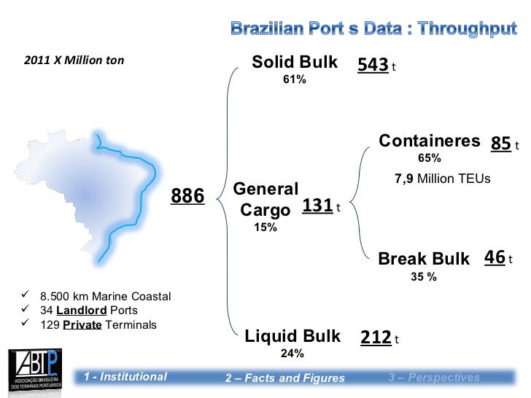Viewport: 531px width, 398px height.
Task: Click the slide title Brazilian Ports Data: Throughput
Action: coord(373,29)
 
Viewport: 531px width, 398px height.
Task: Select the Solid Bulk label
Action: coord(295,63)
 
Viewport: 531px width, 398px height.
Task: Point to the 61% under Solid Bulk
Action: coord(295,79)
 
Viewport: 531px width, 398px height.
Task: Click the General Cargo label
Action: coord(265,199)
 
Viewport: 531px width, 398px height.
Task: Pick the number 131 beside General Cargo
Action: coord(317,206)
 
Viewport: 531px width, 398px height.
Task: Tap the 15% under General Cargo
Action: coord(265,227)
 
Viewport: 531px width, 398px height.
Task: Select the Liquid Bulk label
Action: coord(292,336)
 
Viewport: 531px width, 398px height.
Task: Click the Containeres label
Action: coord(430,141)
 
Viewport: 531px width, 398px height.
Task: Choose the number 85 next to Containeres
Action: coord(500,144)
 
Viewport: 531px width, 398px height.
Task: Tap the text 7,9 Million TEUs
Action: coord(443,179)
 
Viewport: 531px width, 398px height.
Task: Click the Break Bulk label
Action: coord(424,259)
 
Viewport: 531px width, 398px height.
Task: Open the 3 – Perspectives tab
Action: coord(434,377)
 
